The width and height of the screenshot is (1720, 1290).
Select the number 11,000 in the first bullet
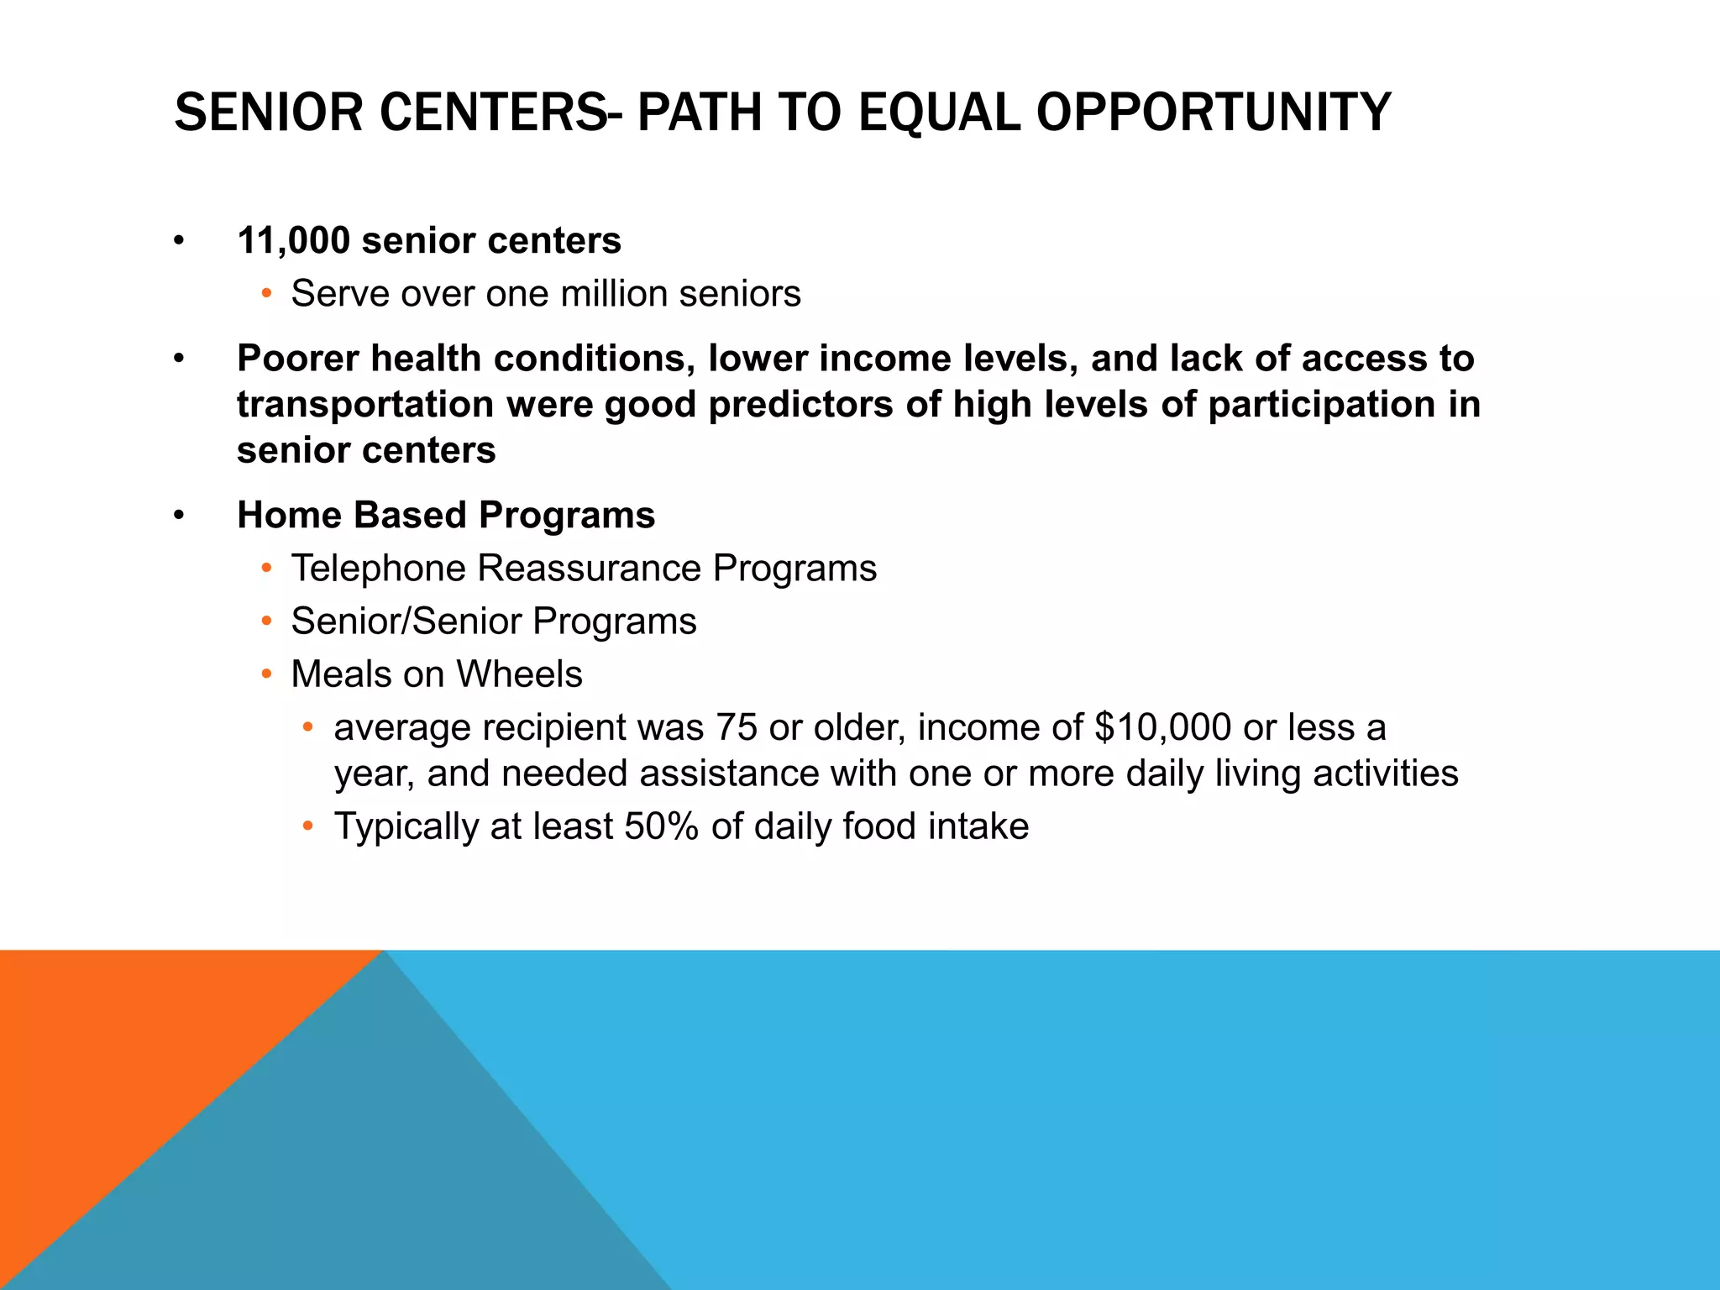(x=293, y=241)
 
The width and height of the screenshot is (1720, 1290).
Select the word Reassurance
(x=589, y=569)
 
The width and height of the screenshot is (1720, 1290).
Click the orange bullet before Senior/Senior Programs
(x=266, y=622)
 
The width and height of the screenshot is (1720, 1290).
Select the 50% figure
(x=661, y=826)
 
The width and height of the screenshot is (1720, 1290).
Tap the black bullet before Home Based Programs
(x=178, y=516)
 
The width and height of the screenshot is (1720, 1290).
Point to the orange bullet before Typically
(x=308, y=827)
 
